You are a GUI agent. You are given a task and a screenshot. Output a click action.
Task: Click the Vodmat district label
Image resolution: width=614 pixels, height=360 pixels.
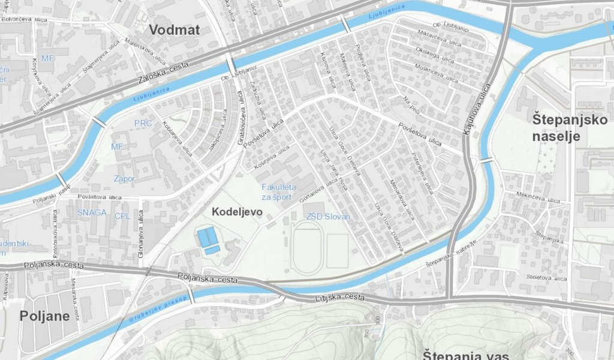tap(174, 29)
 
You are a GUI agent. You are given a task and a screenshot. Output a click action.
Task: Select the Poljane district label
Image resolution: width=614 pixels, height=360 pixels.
tap(41, 316)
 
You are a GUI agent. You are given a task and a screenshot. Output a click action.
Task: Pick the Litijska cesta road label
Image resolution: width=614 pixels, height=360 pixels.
tap(340, 298)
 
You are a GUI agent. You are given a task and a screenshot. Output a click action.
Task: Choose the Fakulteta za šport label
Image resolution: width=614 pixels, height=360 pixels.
tap(276, 192)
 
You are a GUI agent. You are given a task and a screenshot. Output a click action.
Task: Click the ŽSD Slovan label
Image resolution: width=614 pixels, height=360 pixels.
tap(328, 216)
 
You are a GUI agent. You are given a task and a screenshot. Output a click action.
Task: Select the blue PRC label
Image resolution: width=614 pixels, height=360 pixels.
tap(143, 123)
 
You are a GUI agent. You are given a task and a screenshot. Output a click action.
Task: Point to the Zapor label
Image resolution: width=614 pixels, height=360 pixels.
tap(125, 179)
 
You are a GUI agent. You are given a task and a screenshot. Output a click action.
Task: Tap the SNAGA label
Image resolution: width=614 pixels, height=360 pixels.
tap(92, 212)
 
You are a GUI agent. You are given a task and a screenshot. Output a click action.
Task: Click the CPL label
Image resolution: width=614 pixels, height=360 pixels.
tap(122, 215)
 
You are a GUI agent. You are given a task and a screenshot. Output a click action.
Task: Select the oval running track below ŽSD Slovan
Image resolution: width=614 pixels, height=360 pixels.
tap(306, 250)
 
